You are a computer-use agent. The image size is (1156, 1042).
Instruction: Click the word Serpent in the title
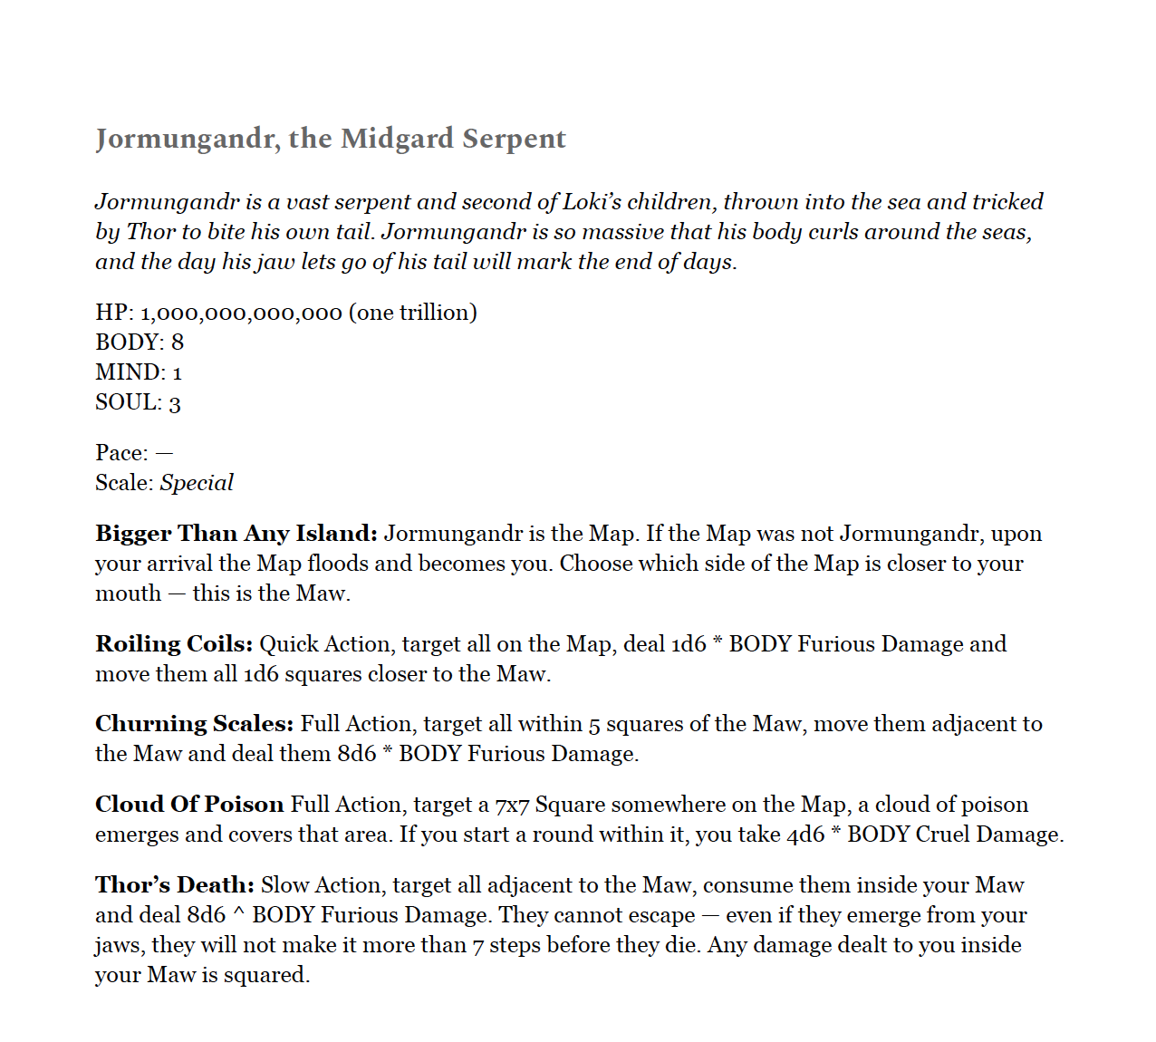click(x=514, y=139)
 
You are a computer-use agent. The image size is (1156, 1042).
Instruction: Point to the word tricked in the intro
click(x=1007, y=202)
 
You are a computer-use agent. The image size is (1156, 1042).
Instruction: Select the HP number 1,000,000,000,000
click(x=241, y=313)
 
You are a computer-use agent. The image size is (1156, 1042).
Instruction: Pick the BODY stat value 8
click(x=178, y=343)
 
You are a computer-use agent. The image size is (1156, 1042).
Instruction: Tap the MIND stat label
click(x=130, y=372)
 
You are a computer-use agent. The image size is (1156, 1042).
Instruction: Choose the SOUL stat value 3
click(x=175, y=403)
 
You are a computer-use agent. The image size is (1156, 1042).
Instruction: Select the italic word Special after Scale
click(x=197, y=483)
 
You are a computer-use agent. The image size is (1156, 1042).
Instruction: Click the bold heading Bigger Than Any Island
click(x=236, y=534)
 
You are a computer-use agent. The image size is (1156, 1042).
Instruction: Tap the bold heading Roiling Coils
click(x=174, y=644)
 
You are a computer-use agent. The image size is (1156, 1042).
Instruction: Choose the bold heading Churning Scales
click(x=194, y=724)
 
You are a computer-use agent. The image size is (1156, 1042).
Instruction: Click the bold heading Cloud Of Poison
click(x=189, y=805)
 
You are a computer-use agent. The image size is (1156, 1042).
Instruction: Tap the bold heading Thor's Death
click(x=175, y=885)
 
